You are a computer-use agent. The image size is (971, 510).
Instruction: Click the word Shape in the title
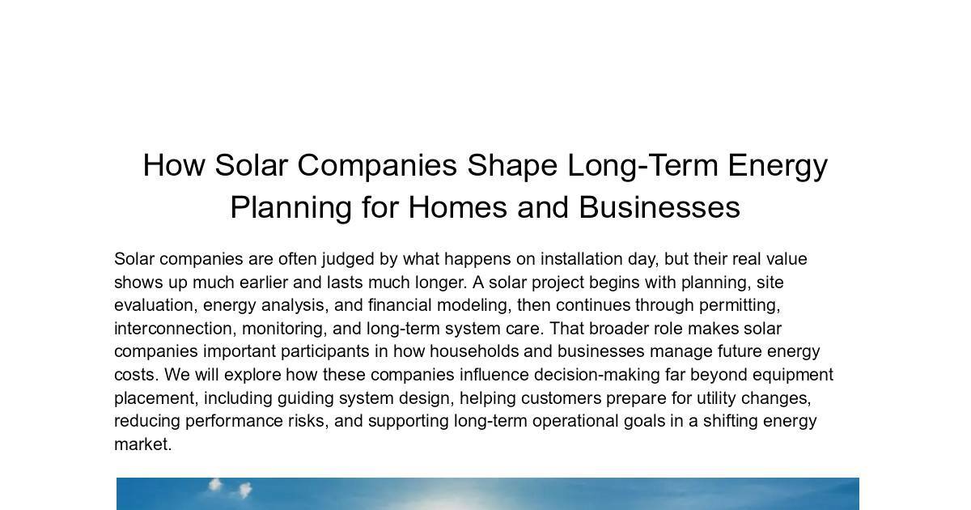coord(512,166)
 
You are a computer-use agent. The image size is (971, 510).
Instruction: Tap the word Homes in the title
coord(458,207)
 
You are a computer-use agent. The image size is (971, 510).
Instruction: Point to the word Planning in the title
coord(290,208)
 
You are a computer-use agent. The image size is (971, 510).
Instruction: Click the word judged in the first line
coord(348,260)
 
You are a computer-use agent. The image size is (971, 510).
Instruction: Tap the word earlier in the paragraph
coord(264,283)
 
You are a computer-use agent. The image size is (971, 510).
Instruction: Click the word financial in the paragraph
coord(400,305)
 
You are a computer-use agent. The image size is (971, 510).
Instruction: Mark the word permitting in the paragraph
coord(740,306)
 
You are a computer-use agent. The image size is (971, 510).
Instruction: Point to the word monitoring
coord(284,329)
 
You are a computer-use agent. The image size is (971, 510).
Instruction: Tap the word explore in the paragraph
coord(252,376)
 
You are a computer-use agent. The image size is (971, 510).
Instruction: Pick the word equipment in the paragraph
coord(793,376)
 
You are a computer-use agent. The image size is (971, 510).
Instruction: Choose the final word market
coord(143,444)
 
